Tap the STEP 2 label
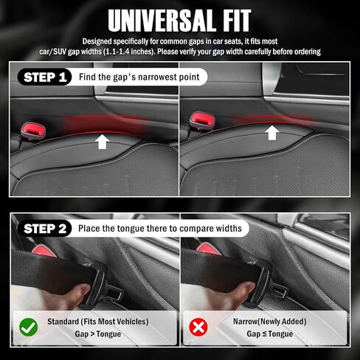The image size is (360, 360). [46, 228]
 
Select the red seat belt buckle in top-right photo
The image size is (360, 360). [200, 117]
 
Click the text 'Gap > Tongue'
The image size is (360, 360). [94, 333]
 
